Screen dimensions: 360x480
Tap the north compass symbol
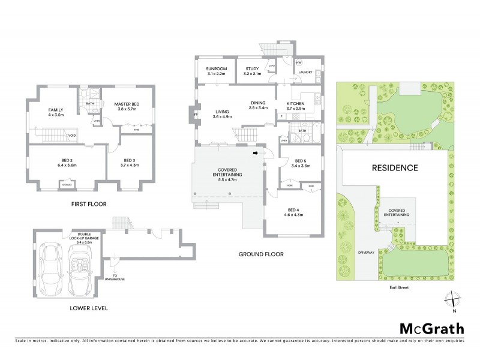pos(454,301)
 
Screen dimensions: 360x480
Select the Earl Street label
pos(394,287)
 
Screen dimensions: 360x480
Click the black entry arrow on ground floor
pos(257,154)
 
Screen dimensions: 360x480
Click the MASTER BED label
pos(126,104)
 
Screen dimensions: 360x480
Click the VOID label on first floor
pos(71,136)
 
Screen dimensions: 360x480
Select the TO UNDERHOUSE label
pos(115,277)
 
